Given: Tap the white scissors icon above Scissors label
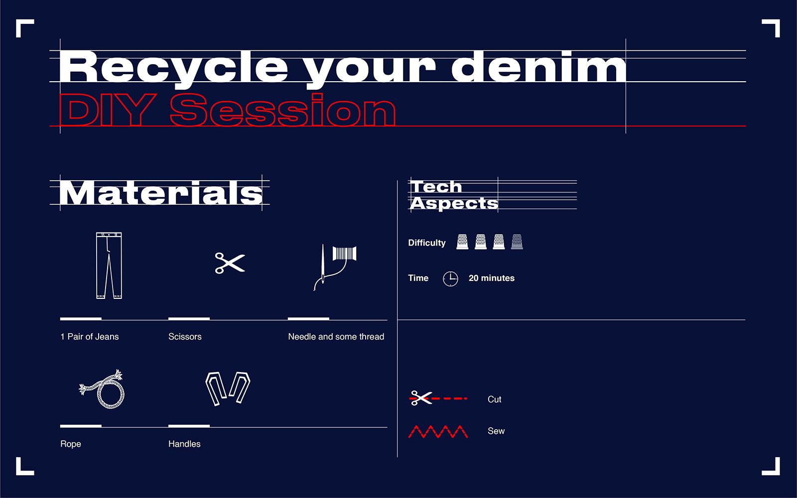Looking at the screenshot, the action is [x=230, y=263].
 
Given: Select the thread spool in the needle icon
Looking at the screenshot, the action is [x=344, y=253].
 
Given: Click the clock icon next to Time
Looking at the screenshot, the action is [x=450, y=278].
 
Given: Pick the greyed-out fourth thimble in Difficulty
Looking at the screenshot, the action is [x=517, y=242].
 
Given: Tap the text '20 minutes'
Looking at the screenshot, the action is [x=491, y=278].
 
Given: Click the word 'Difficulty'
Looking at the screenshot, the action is [x=426, y=243].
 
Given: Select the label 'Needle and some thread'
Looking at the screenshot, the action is [x=336, y=337].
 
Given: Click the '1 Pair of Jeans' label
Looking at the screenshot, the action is [x=89, y=337].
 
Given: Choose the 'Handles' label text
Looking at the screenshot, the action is [x=184, y=444].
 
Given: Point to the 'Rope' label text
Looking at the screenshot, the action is [x=70, y=444].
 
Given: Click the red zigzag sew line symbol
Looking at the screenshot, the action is [x=438, y=431].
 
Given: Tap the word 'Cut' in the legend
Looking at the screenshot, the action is [x=494, y=399].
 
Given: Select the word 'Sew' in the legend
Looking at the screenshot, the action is [x=496, y=431].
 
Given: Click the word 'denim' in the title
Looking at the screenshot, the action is [x=538, y=67].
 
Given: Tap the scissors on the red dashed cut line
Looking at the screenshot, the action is [x=420, y=398].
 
